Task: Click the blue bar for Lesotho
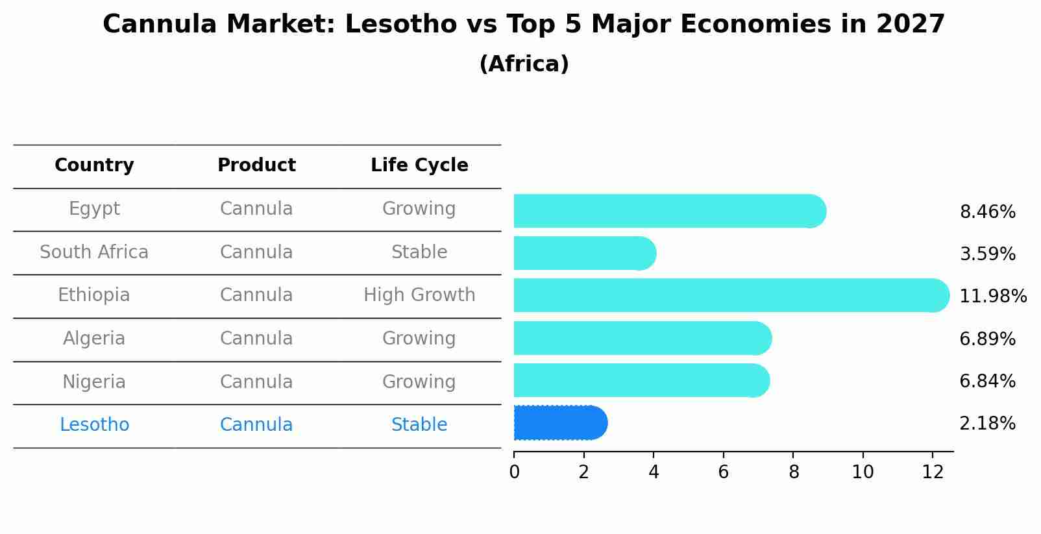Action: point(559,423)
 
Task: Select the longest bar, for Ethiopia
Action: point(730,295)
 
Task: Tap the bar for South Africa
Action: point(584,253)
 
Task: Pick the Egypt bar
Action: point(668,211)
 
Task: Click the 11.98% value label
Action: point(992,297)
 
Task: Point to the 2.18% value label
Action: point(987,424)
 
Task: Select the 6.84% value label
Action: point(987,382)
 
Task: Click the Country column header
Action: point(94,165)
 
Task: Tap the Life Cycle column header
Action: point(419,165)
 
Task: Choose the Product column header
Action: point(256,165)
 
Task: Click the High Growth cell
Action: point(419,295)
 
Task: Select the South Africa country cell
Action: point(94,252)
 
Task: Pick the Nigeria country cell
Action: point(94,382)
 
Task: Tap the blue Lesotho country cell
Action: point(94,425)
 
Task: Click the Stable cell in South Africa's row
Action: point(419,252)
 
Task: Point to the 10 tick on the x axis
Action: point(863,472)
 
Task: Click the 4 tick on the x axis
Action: point(654,472)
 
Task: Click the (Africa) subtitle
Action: point(524,64)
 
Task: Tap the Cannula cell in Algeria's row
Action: point(256,339)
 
